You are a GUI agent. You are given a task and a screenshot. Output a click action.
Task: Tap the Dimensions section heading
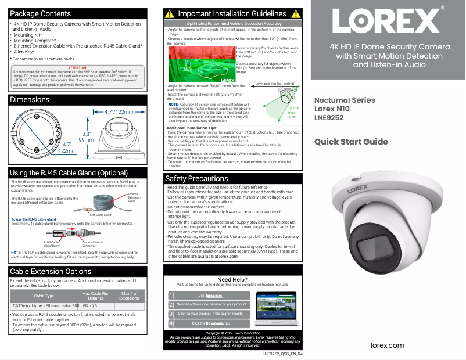tap(30, 100)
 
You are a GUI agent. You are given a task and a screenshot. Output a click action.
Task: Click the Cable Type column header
tap(44, 296)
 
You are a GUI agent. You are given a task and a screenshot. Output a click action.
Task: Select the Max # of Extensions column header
tap(129, 296)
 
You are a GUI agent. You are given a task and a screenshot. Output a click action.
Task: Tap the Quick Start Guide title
tap(351, 142)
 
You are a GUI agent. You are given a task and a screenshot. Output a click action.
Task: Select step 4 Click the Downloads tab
tap(210, 323)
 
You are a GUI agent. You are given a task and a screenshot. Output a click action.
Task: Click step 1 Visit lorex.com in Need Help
tap(210, 296)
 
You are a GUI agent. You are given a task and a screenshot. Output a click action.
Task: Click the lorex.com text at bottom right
tap(388, 345)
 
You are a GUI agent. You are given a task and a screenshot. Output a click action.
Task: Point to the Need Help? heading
tap(232, 280)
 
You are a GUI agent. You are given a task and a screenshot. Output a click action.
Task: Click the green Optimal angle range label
tap(293, 112)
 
